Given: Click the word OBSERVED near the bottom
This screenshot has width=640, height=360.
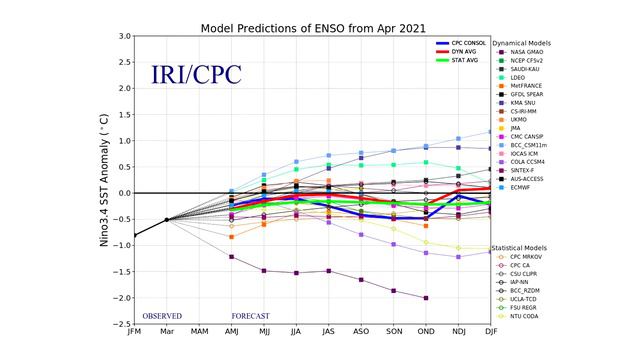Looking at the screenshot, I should click(162, 316).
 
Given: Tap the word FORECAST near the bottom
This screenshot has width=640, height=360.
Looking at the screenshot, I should click(251, 316).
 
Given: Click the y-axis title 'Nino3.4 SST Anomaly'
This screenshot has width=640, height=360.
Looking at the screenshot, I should click(104, 180).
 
